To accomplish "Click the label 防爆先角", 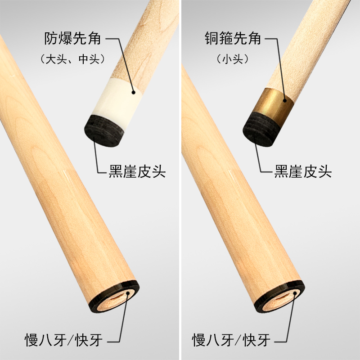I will (72, 39).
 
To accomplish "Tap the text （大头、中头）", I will (72, 58).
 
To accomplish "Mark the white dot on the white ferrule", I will (134, 92).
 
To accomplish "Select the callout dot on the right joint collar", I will (295, 293).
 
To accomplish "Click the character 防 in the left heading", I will (51, 39).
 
